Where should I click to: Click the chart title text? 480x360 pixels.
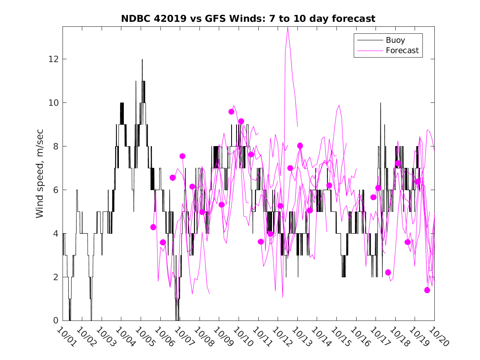click(248, 19)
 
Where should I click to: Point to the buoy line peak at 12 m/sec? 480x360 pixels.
click(142, 60)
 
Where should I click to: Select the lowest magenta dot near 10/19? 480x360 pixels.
click(427, 290)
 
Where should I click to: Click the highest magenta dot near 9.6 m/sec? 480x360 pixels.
click(231, 111)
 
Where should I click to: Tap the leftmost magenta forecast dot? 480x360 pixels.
click(153, 227)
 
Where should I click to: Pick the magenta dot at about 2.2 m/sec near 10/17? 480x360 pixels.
click(388, 272)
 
